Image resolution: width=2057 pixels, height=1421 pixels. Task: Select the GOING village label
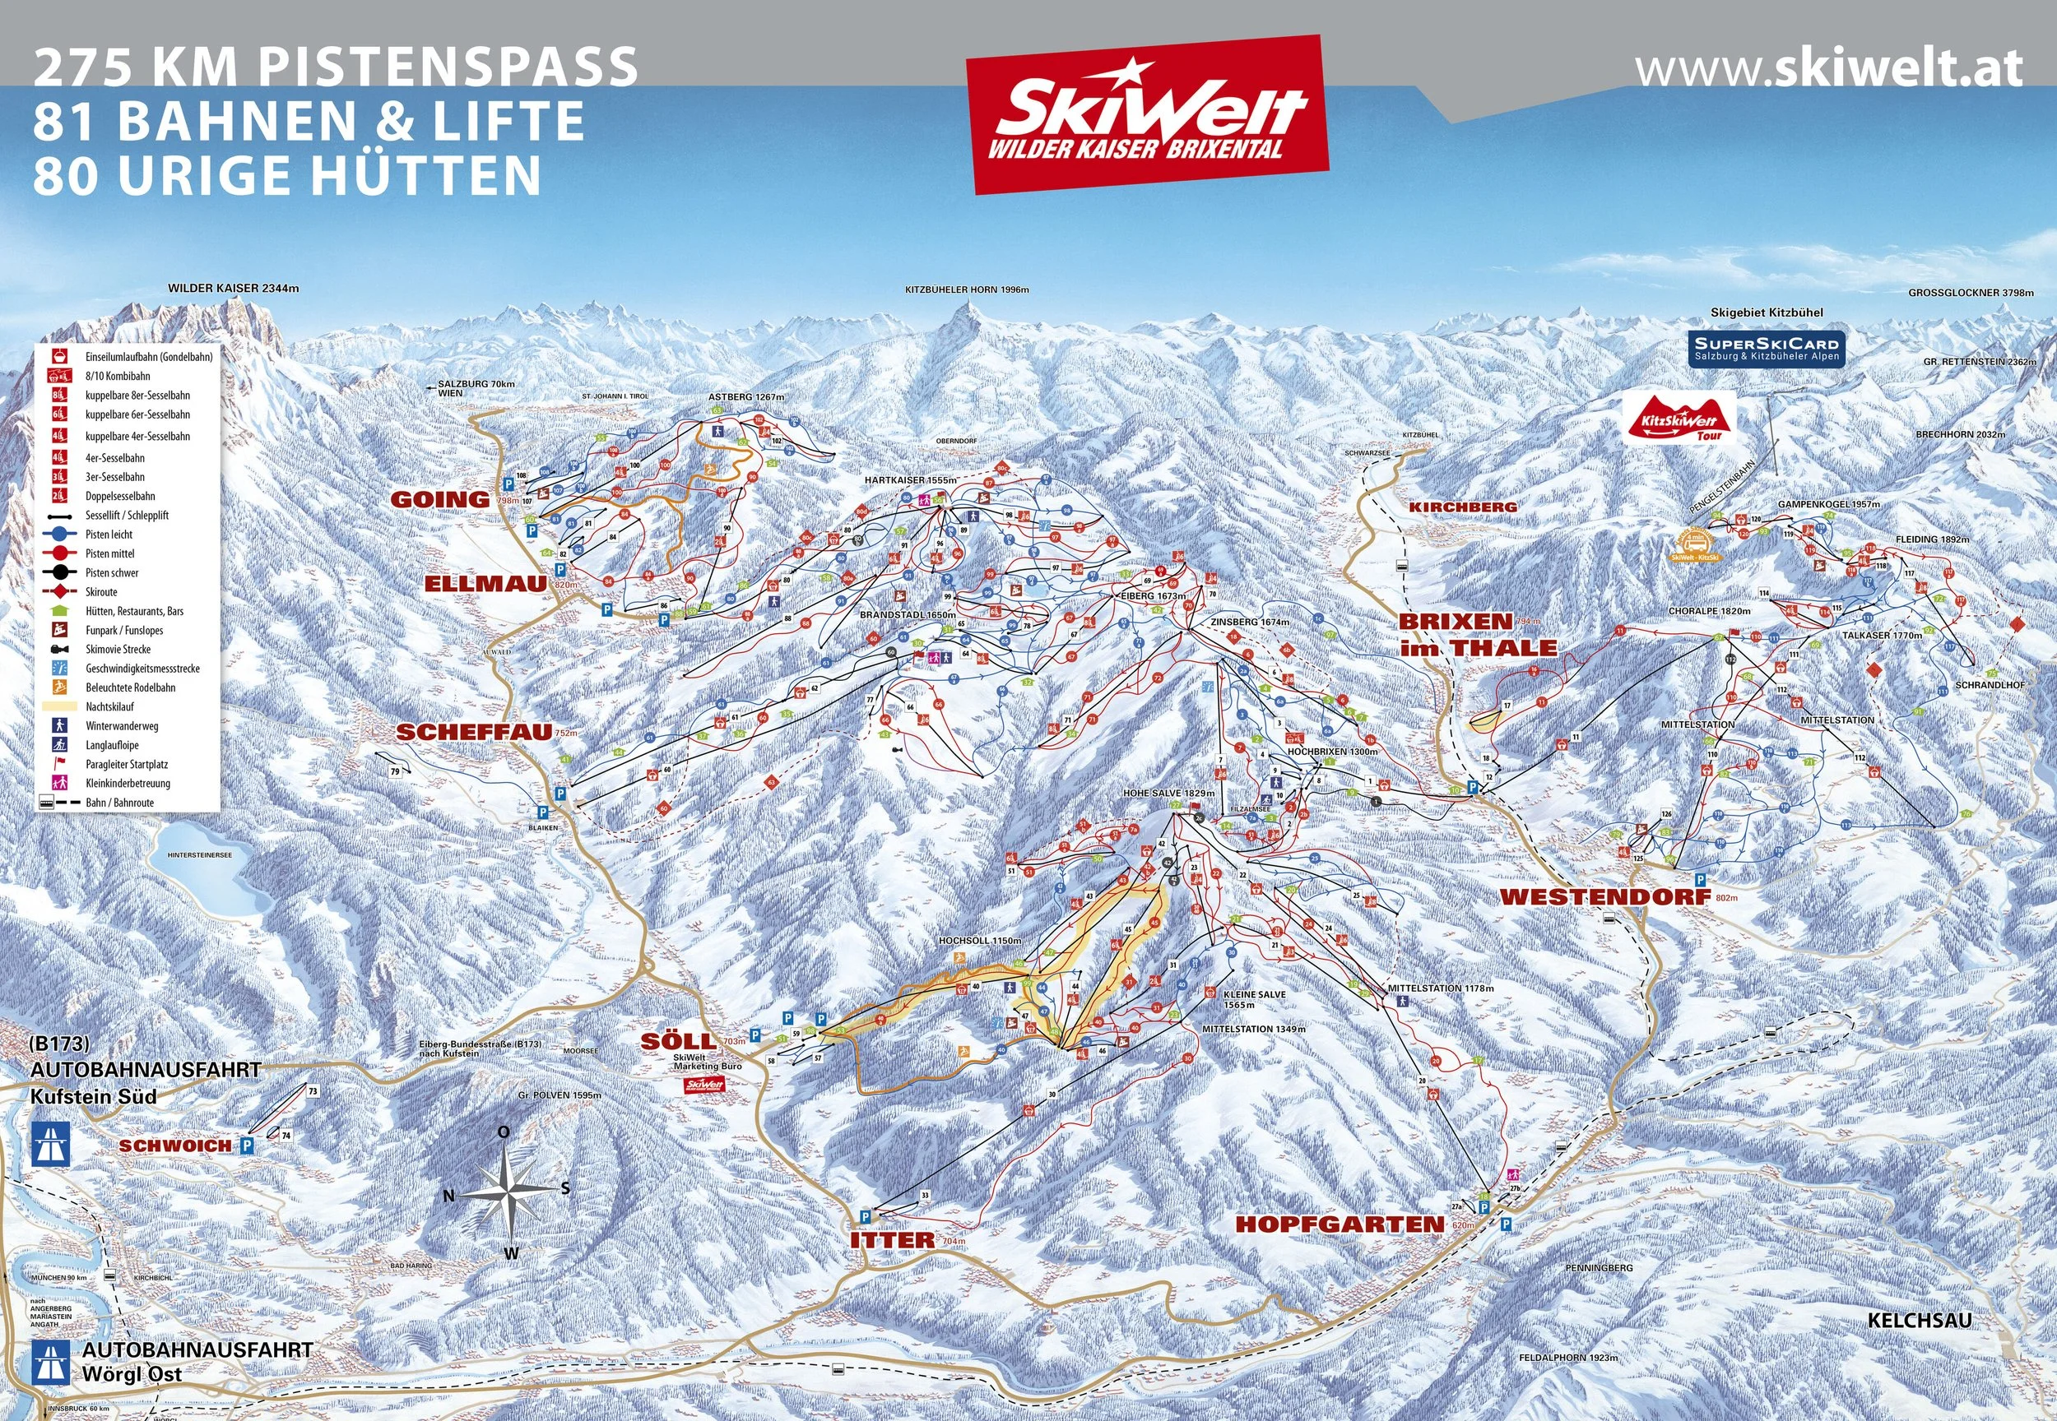pyautogui.click(x=440, y=499)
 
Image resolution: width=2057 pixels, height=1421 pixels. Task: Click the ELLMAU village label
pyautogui.click(x=485, y=584)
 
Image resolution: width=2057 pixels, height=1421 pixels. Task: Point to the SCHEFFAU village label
pyautogui.click(x=473, y=732)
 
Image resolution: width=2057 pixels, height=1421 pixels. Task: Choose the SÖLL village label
pyautogui.click(x=677, y=1041)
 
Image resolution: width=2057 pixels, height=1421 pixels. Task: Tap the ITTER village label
pyautogui.click(x=892, y=1240)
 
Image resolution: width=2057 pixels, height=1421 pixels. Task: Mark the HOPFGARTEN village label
pyautogui.click(x=1339, y=1224)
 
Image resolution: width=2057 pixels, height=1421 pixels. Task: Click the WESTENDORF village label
pyautogui.click(x=1605, y=896)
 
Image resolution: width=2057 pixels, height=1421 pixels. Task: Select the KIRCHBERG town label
pyautogui.click(x=1462, y=507)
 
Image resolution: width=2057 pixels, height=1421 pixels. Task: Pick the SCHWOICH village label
pyautogui.click(x=174, y=1146)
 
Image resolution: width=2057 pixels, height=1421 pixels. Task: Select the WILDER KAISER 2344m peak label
pyautogui.click(x=234, y=289)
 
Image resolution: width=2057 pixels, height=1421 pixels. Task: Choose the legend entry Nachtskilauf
pyautogui.click(x=109, y=707)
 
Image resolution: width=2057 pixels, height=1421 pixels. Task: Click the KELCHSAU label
pyautogui.click(x=1919, y=1321)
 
